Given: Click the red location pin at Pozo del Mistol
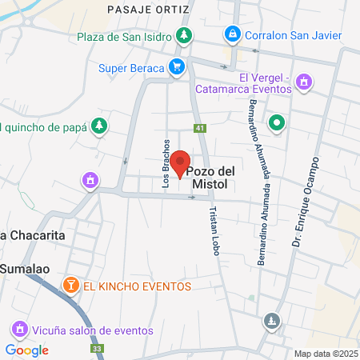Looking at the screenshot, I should pos(181,163).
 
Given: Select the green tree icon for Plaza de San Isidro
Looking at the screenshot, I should pos(184,35).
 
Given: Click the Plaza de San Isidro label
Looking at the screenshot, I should pos(126,36).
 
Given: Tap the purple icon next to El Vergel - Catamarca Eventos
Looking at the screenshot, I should pos(303,81).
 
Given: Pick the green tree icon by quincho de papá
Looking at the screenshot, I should pos(98,125).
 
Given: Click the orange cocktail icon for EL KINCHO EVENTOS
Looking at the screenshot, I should pos(70,286).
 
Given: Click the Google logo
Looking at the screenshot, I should pos(27,350).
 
